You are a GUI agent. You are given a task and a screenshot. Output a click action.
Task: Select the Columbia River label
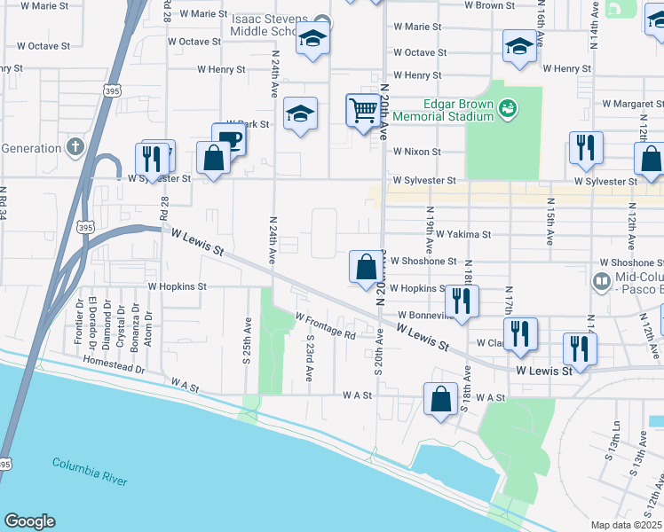(89, 471)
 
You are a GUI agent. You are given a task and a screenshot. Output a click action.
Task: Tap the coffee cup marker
(229, 139)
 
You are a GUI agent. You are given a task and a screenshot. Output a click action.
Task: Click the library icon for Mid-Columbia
(601, 282)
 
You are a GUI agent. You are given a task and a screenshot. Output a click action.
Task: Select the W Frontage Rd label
(325, 326)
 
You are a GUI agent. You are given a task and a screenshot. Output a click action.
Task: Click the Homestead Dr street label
(114, 362)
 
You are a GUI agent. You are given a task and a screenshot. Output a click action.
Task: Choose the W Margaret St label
(633, 104)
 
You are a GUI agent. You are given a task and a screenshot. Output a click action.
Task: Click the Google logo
(29, 521)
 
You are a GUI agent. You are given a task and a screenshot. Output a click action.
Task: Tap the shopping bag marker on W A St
(440, 399)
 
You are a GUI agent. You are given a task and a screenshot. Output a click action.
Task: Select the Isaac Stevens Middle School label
(281, 23)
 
